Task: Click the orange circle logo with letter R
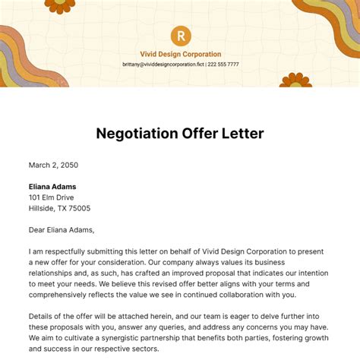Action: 181,35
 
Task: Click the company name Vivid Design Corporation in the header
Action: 181,54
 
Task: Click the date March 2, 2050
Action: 53,165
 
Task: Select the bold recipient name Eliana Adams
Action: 52,186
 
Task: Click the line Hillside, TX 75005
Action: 60,208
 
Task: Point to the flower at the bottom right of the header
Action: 295,81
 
